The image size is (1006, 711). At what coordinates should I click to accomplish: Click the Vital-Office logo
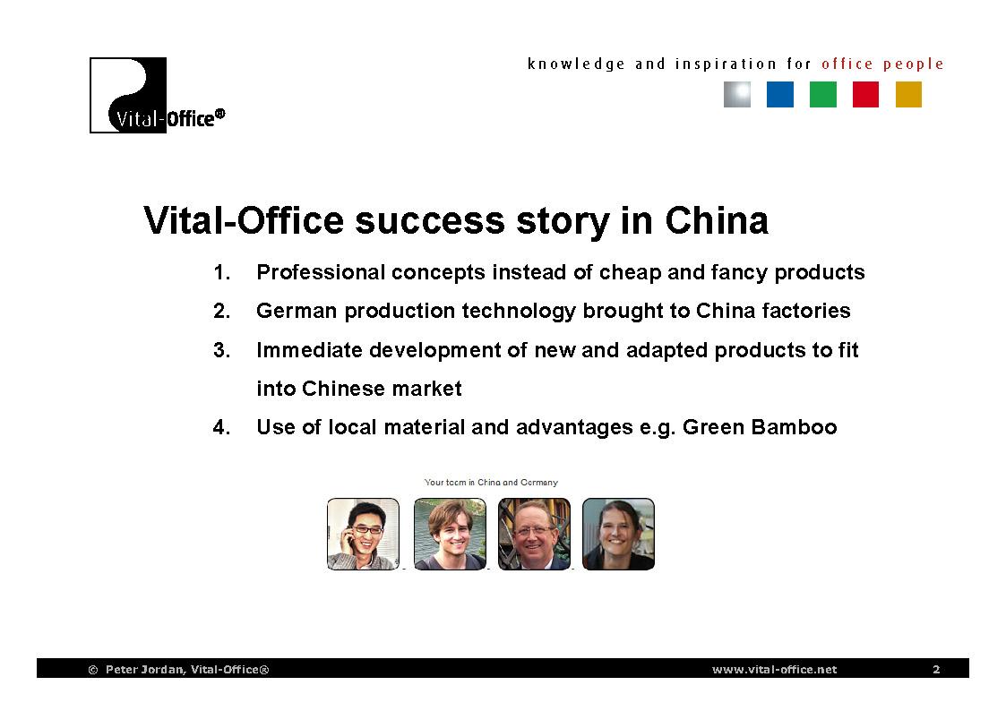157,96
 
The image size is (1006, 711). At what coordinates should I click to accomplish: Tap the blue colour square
780,95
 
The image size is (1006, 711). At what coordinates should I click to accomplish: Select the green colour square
823,95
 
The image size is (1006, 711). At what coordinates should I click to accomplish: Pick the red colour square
865,95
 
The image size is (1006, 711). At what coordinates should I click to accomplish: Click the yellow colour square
908,95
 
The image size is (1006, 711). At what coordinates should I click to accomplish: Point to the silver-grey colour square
737,95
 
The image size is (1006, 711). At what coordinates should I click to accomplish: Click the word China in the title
717,220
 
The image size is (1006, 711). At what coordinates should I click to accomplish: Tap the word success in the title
430,222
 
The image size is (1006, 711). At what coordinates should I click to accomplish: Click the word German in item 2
297,311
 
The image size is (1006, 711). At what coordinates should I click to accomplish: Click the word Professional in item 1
321,272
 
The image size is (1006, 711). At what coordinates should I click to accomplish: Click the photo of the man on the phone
363,534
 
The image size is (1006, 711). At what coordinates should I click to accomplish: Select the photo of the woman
618,534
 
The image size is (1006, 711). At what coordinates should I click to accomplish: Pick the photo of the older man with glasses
535,534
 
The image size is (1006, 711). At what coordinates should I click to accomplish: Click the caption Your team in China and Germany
491,482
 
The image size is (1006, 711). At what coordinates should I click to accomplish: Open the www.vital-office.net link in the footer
774,669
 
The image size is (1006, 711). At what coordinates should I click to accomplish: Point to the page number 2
936,669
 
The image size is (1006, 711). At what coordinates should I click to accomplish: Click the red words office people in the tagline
882,64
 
